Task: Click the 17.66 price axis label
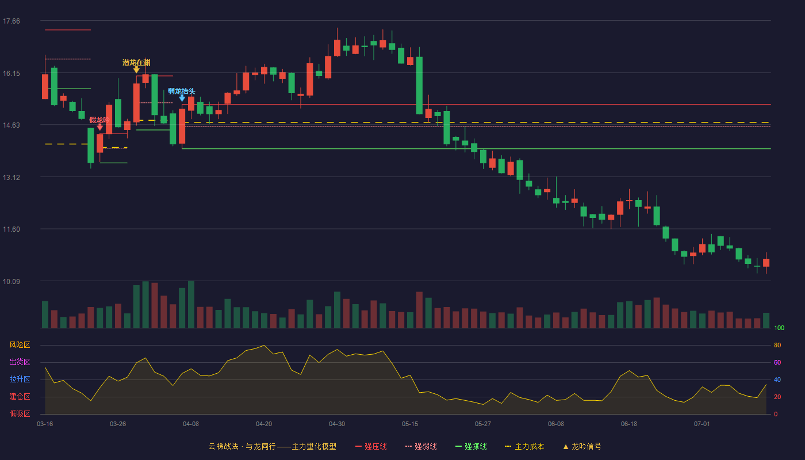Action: pos(11,21)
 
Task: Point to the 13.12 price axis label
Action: pos(11,178)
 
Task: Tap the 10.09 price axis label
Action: pos(11,281)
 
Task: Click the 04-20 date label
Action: pos(264,424)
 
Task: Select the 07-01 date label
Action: pos(701,424)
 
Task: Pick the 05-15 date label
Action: pos(409,424)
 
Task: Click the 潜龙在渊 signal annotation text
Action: pos(136,63)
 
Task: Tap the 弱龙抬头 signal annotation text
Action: pos(182,91)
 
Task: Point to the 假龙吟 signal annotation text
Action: pos(99,120)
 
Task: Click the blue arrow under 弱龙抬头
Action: pos(182,98)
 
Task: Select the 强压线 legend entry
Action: pos(371,446)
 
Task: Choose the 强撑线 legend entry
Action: pos(471,446)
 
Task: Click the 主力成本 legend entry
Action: pos(524,446)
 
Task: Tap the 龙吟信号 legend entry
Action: pos(582,446)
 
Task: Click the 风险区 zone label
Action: pos(20,345)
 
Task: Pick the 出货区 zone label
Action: pos(20,362)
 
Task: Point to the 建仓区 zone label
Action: pos(20,396)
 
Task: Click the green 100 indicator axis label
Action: pos(779,328)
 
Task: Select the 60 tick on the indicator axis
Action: pos(777,362)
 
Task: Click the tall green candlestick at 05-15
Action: pos(419,85)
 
